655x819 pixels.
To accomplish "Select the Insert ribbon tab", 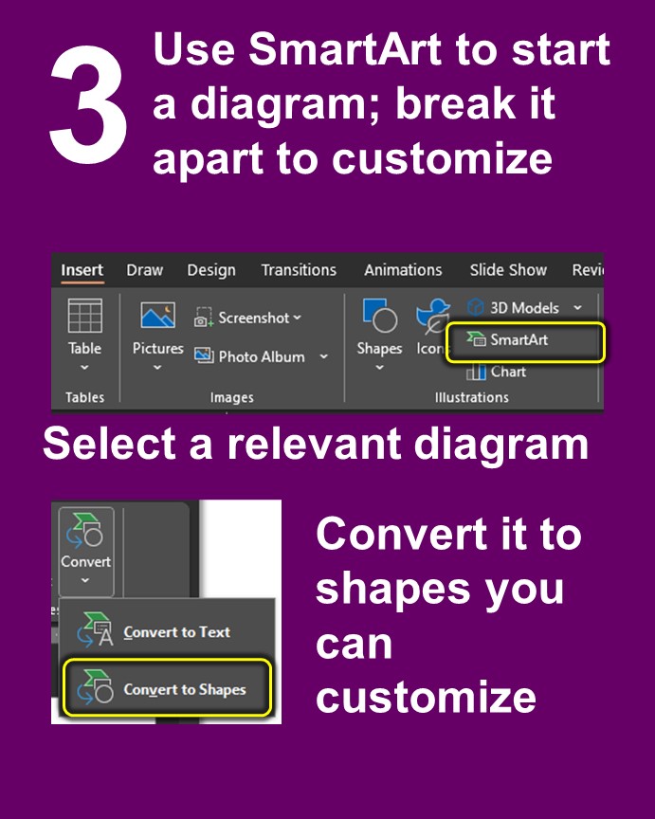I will pos(82,270).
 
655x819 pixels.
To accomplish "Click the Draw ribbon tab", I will pos(144,270).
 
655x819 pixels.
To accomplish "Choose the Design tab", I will pos(210,270).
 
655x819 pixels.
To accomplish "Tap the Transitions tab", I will pos(299,270).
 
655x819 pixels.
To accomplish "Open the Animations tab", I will pos(403,270).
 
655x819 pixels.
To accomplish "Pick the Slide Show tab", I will pos(508,270).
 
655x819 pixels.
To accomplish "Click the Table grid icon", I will pos(84,316).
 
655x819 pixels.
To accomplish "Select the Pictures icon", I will pos(157,316).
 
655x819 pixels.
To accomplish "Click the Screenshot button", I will pos(248,318).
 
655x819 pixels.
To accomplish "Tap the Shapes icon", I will pos(379,317).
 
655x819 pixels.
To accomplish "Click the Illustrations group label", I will pos(471,397).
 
